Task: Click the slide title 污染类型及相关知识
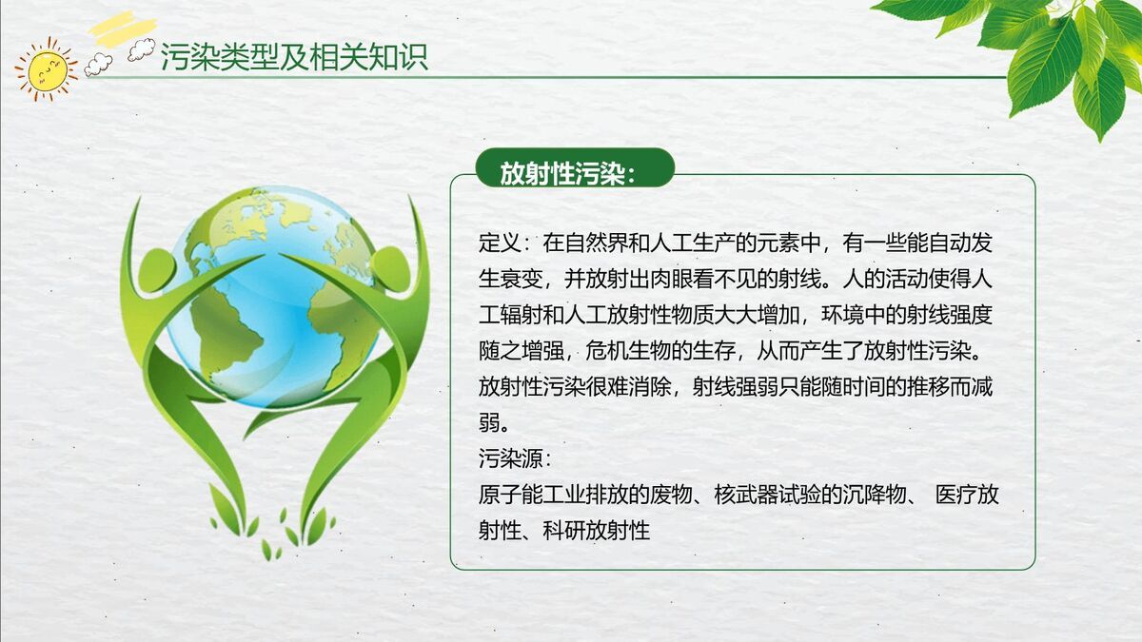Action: (294, 57)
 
